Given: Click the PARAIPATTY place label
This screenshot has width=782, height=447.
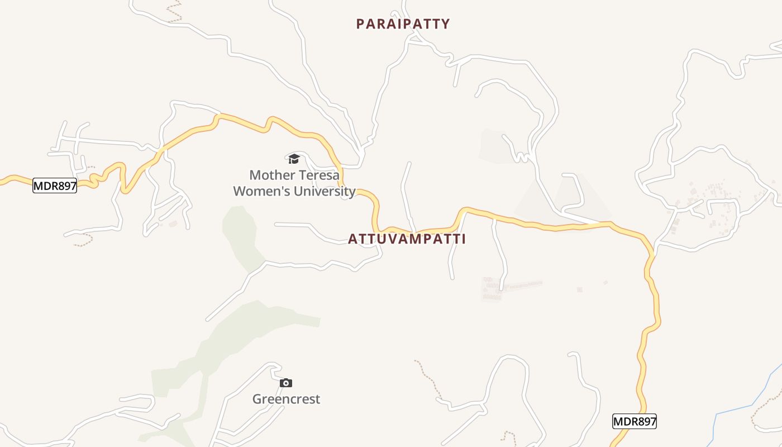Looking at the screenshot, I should pyautogui.click(x=403, y=24).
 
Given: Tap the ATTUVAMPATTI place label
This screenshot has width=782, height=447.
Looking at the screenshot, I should pyautogui.click(x=407, y=239).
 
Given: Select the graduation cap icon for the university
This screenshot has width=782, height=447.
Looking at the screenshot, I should pyautogui.click(x=294, y=159).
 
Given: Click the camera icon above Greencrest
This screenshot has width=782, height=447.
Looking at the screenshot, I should pyautogui.click(x=286, y=383).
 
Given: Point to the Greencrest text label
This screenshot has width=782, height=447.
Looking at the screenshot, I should pyautogui.click(x=286, y=399).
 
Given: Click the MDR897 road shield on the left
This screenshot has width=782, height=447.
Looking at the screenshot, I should pyautogui.click(x=54, y=186).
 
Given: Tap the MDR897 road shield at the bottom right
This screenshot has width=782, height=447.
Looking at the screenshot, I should pyautogui.click(x=634, y=422).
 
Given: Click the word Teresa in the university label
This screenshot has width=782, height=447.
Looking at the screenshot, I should pyautogui.click(x=319, y=175).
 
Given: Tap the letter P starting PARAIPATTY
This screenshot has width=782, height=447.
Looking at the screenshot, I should pyautogui.click(x=360, y=24).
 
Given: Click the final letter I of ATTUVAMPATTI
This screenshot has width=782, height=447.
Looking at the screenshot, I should pyautogui.click(x=463, y=239).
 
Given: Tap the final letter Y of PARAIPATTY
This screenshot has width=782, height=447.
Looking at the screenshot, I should pyautogui.click(x=445, y=24).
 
